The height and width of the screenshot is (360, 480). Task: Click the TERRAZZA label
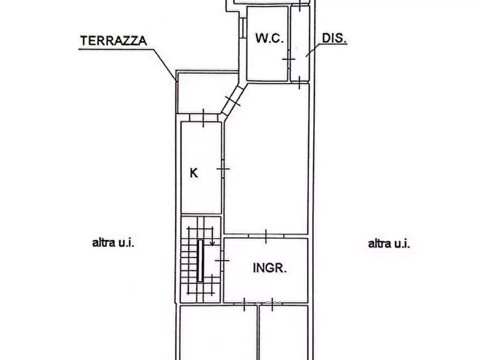tap(113, 40)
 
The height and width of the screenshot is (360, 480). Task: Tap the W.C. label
tap(269, 38)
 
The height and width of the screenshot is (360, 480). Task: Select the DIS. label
tap(334, 38)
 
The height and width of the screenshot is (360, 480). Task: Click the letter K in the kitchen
tap(194, 174)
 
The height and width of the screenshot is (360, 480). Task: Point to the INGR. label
tap(269, 268)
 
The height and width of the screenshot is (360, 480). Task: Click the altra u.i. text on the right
tap(389, 243)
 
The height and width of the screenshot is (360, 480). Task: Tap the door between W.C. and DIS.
tap(289, 57)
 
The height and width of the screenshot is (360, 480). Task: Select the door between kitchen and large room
tap(223, 169)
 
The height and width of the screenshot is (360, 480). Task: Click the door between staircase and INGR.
tap(223, 261)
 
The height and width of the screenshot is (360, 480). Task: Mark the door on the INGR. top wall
tap(266, 235)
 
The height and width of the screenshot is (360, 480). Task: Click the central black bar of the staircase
tap(201, 261)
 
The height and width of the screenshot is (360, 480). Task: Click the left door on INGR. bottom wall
tap(244, 305)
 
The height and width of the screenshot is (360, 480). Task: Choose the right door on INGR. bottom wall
tap(271, 305)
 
